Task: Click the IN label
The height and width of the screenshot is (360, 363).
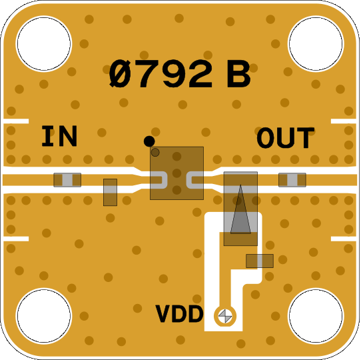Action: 59,136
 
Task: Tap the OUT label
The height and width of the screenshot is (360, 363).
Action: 286,137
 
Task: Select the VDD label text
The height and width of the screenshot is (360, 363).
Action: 179,314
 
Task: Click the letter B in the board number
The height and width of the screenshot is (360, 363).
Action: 238,74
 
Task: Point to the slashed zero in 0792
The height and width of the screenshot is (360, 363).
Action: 120,74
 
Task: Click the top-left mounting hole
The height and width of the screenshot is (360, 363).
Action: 44,44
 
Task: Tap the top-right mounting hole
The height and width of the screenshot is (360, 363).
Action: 316,44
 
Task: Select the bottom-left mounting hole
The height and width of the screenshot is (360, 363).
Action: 44,315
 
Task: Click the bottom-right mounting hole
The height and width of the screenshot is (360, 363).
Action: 316,315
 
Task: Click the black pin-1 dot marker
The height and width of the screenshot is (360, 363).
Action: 149,141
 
